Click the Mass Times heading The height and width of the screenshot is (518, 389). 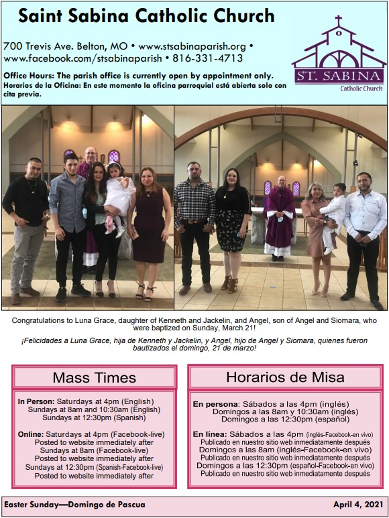tap(94, 377)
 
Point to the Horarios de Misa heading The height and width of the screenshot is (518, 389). tap(284, 377)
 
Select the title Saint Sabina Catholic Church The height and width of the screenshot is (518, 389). tap(146, 16)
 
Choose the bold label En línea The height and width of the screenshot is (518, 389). tap(209, 434)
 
